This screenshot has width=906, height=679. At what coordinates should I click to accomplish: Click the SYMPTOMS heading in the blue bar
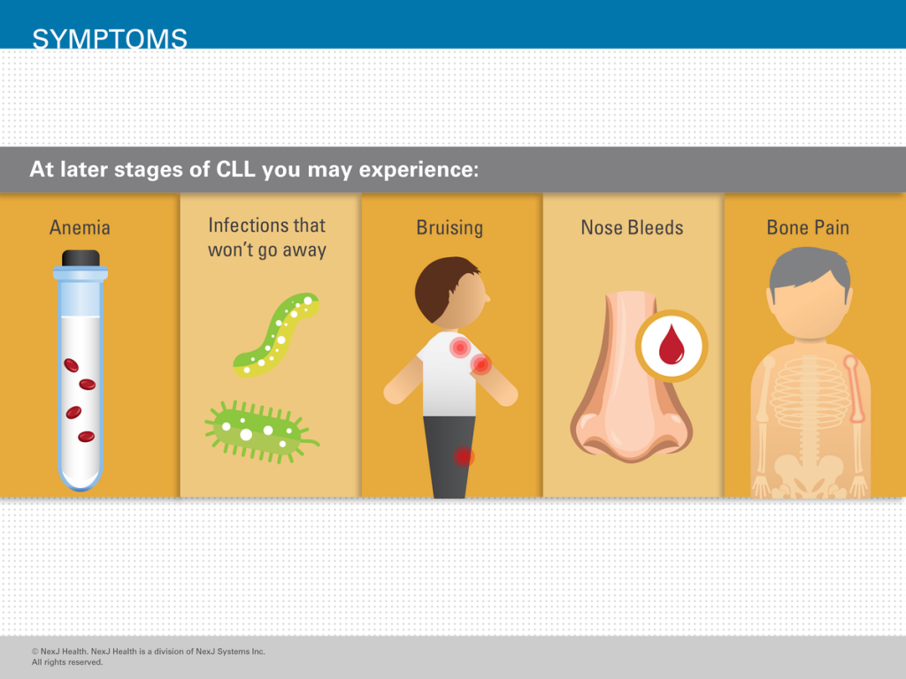[x=110, y=39]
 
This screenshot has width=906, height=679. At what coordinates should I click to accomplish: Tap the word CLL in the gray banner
[x=235, y=169]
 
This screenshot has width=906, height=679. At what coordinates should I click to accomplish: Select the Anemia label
[x=80, y=227]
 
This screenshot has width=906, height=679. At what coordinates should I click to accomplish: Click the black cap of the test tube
[x=81, y=258]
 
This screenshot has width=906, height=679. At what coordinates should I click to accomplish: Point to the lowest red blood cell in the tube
[x=86, y=437]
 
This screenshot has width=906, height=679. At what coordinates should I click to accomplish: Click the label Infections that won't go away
[x=267, y=237]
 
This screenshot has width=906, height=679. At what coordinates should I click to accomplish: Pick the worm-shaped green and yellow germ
[x=276, y=334]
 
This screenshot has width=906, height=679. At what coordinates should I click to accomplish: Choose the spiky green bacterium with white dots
[x=260, y=431]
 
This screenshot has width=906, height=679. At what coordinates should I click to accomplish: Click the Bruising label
[x=449, y=227]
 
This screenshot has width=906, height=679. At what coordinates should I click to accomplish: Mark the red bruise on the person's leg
[x=463, y=457]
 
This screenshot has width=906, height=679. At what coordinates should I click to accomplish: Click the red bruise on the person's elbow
[x=480, y=364]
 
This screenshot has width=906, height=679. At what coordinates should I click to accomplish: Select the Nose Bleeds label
[x=632, y=227]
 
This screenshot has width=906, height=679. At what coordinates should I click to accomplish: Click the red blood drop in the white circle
[x=672, y=346]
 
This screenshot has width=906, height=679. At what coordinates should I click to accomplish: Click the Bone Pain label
[x=808, y=227]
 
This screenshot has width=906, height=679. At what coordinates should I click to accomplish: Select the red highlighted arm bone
[x=856, y=389]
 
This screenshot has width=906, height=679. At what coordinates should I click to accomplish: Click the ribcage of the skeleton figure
[x=809, y=392]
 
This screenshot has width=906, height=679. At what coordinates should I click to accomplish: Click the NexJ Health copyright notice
[x=149, y=657]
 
